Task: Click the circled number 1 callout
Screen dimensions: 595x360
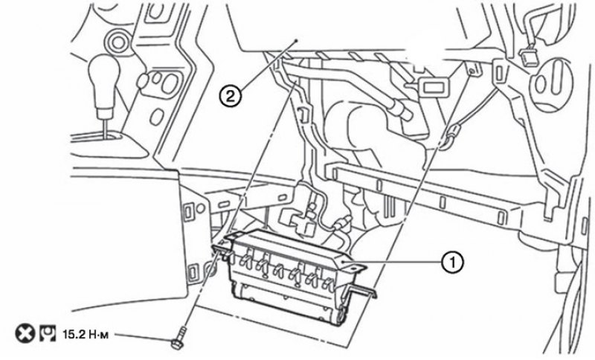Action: [x=452, y=262]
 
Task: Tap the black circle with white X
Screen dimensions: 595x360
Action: [x=25, y=334]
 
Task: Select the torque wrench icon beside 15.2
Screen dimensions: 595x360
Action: [x=48, y=334]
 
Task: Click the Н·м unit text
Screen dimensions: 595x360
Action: [x=98, y=335]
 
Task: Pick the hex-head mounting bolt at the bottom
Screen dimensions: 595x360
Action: [x=178, y=342]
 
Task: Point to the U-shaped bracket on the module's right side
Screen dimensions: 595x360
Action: [x=361, y=292]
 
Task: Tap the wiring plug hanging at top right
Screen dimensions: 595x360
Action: [x=529, y=56]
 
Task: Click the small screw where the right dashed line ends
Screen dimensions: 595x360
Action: [x=472, y=71]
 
